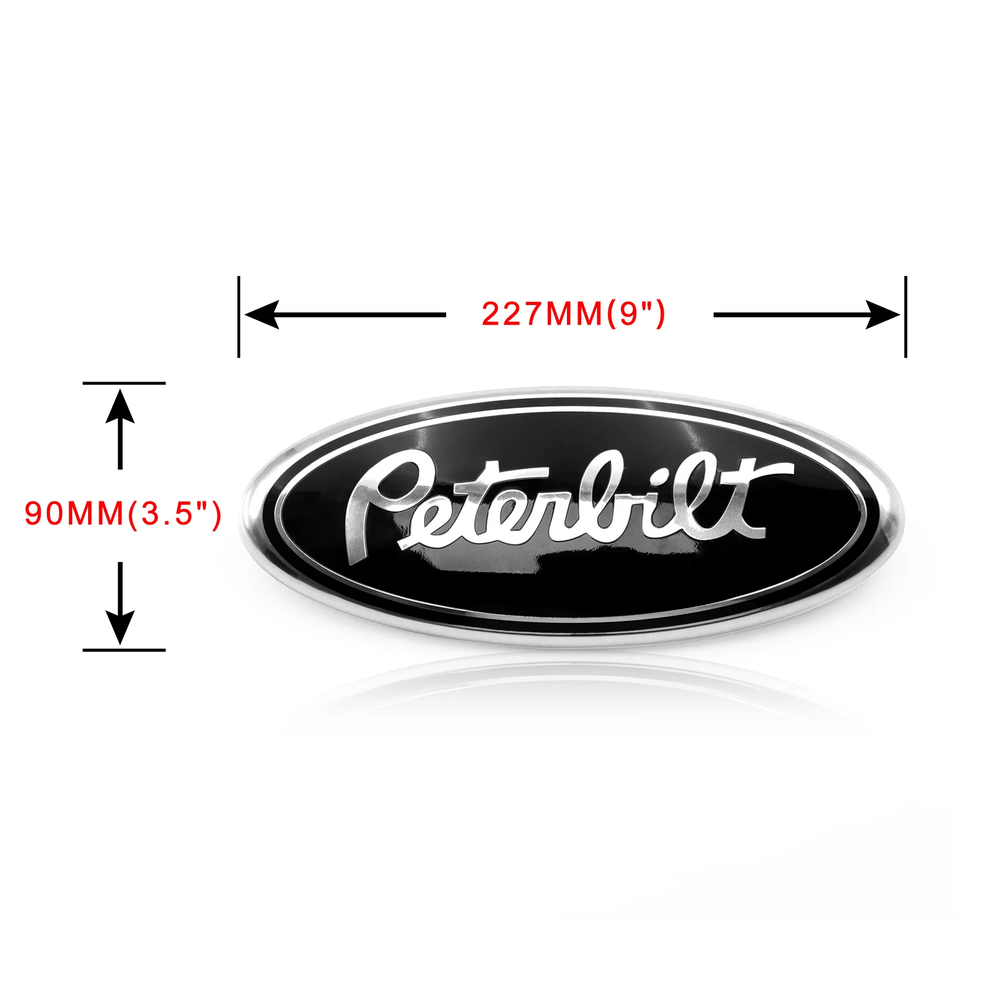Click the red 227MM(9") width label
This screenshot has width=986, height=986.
[x=573, y=314]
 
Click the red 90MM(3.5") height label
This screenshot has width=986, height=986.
[x=123, y=513]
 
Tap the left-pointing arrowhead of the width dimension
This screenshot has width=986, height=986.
[x=261, y=314]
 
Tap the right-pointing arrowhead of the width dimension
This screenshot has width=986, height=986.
[x=882, y=314]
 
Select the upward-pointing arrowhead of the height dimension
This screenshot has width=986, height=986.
[x=120, y=407]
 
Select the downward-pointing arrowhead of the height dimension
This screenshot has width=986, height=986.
[x=120, y=627]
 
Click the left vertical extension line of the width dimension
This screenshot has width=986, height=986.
[x=238, y=317]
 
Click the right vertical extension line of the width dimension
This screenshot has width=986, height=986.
[x=905, y=317]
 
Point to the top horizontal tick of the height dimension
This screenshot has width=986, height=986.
[x=124, y=383]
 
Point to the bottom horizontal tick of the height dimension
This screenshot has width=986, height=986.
[x=124, y=650]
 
